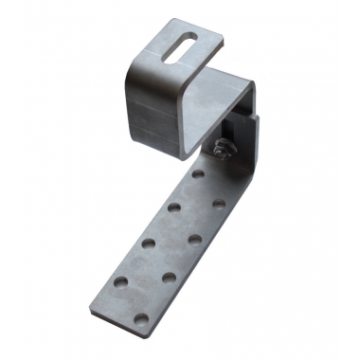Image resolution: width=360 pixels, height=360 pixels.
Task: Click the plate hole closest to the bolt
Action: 197,175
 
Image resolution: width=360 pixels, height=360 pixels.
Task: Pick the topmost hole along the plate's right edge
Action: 219,204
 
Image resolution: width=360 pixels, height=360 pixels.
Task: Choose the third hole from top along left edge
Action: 150,243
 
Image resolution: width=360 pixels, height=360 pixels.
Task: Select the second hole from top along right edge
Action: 194,239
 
